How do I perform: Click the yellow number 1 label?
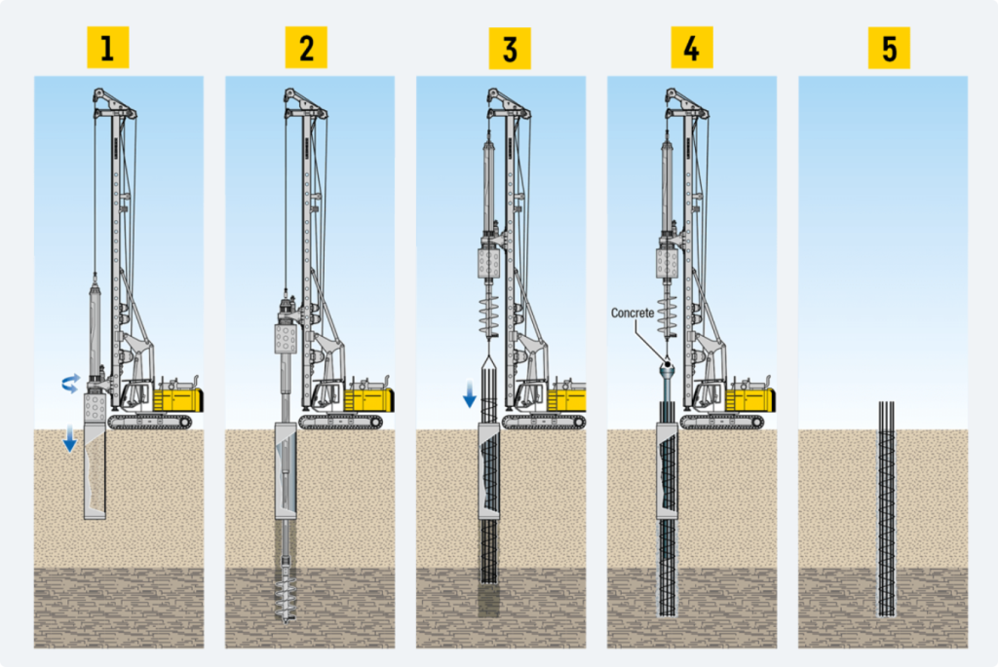(x=107, y=48)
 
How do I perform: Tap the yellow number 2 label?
(x=306, y=48)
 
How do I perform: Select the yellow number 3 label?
(x=509, y=49)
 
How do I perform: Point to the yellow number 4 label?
(x=692, y=48)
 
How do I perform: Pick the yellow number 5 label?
(x=889, y=49)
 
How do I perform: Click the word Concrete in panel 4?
(x=633, y=313)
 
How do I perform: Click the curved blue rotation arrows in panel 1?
(x=70, y=384)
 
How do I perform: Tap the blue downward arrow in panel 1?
(x=70, y=439)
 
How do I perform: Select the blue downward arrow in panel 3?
(x=469, y=394)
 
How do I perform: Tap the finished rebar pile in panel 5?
(x=887, y=508)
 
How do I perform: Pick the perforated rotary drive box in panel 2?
(x=286, y=339)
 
